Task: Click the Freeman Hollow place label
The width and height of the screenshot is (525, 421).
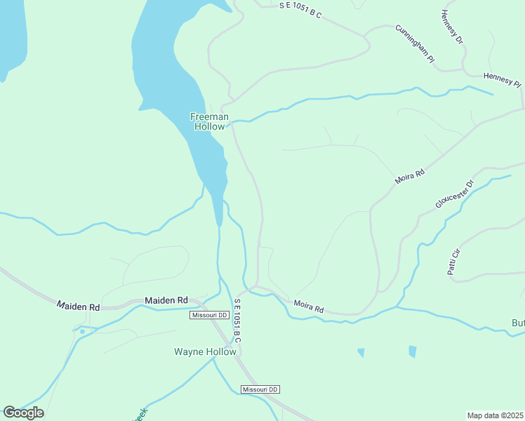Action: coord(208,121)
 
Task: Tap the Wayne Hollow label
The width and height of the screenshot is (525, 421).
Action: coord(205,352)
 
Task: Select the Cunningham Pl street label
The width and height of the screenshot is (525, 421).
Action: coord(414,44)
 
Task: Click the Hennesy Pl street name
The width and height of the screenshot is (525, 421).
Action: coord(502,79)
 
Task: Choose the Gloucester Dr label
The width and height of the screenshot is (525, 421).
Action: coord(455,194)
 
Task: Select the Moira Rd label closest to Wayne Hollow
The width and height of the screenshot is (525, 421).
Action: coord(309,307)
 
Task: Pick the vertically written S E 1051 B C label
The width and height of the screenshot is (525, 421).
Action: coord(237,321)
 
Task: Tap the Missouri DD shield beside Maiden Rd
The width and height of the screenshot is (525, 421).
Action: coord(210,316)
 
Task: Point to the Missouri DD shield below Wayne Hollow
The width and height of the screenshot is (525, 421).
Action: coord(260,389)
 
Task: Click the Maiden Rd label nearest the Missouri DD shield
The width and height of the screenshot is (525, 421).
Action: coord(166,300)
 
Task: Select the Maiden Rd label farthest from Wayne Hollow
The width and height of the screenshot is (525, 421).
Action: coord(79,307)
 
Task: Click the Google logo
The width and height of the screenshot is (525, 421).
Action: coord(23,413)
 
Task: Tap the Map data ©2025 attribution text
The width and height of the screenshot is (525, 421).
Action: coord(495,415)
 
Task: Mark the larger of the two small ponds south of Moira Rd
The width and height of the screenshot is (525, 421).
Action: coord(413,352)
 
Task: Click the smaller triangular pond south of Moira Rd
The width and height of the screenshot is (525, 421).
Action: coord(361,352)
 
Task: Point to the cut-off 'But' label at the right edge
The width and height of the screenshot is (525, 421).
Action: coord(517,323)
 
